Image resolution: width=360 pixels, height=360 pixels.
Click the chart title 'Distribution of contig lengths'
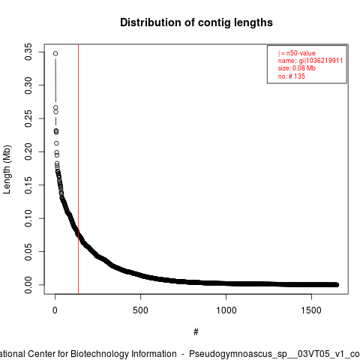[196, 22]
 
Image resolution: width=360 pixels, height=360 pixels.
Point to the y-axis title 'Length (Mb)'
[7, 169]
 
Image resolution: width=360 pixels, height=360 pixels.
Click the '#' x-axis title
[196, 332]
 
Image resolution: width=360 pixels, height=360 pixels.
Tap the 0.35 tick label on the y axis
[28, 52]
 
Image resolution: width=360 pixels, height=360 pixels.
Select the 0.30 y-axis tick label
[28, 85]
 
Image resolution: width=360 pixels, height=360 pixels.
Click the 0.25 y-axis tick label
[28, 118]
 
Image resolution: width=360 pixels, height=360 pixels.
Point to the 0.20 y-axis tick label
[28, 151]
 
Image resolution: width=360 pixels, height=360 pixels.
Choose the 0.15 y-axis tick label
[28, 185]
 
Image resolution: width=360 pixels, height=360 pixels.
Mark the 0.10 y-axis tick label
[28, 218]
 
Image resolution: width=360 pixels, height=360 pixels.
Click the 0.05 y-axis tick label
[28, 251]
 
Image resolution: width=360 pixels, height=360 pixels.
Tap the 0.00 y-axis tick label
[28, 285]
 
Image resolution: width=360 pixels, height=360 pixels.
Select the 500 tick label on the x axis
[140, 310]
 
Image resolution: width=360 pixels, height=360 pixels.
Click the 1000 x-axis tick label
[226, 310]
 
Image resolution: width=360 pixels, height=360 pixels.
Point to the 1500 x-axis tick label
[311, 310]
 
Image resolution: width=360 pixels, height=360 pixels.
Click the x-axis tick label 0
[55, 310]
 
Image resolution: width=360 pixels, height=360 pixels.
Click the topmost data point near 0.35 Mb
[55, 53]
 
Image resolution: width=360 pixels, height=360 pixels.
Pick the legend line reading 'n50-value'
[296, 53]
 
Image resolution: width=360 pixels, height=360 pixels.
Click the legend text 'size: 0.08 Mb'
[297, 68]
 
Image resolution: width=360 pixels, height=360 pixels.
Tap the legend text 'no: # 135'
[292, 76]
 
